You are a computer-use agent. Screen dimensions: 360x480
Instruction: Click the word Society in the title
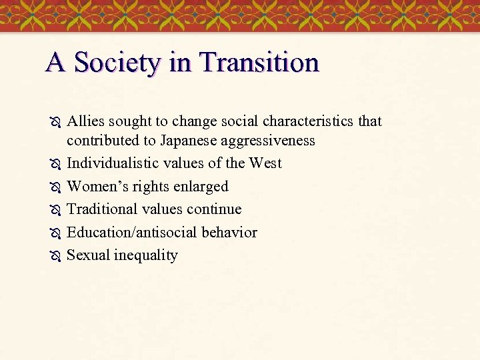117,63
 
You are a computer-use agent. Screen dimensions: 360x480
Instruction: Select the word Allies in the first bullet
85,121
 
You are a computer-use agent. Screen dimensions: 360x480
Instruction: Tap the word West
265,163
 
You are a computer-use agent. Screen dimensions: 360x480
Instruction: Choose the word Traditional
102,209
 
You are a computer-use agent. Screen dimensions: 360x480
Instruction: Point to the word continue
214,209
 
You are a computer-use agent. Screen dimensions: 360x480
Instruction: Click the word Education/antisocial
131,232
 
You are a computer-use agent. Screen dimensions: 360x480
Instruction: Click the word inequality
146,255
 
